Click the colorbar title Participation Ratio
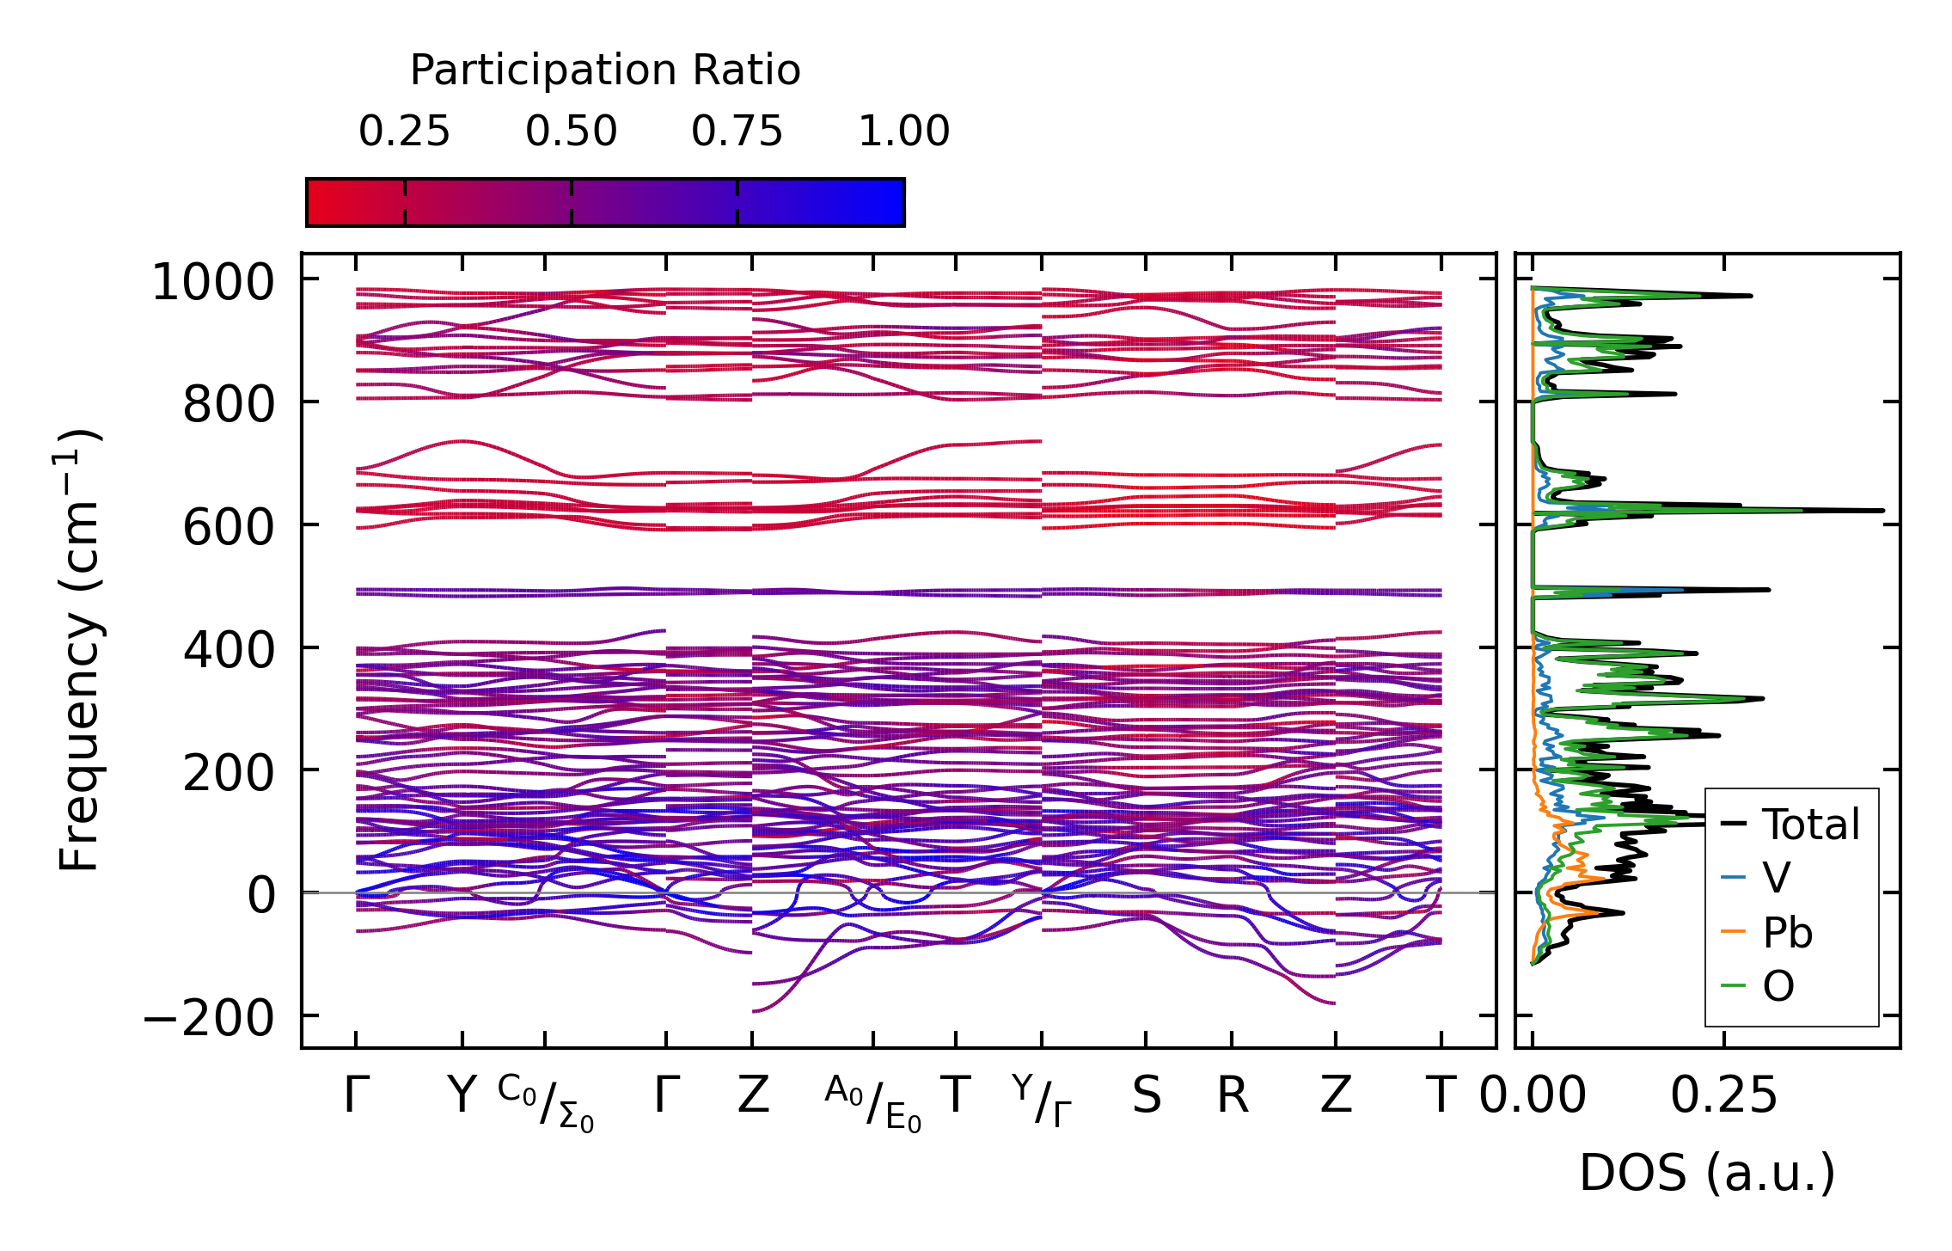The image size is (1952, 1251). tap(605, 71)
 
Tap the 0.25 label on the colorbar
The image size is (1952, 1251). tap(404, 132)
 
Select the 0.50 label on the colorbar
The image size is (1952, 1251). tap(572, 132)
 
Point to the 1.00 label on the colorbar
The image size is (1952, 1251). tap(904, 132)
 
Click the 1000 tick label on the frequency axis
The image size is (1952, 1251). tap(224, 283)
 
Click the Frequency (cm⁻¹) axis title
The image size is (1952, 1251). tap(80, 650)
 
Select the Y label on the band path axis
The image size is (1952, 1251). tap(462, 1096)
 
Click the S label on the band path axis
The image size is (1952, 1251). tap(1147, 1096)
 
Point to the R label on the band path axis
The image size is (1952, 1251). tap(1233, 1096)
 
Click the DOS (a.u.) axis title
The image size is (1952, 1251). tap(1707, 1174)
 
